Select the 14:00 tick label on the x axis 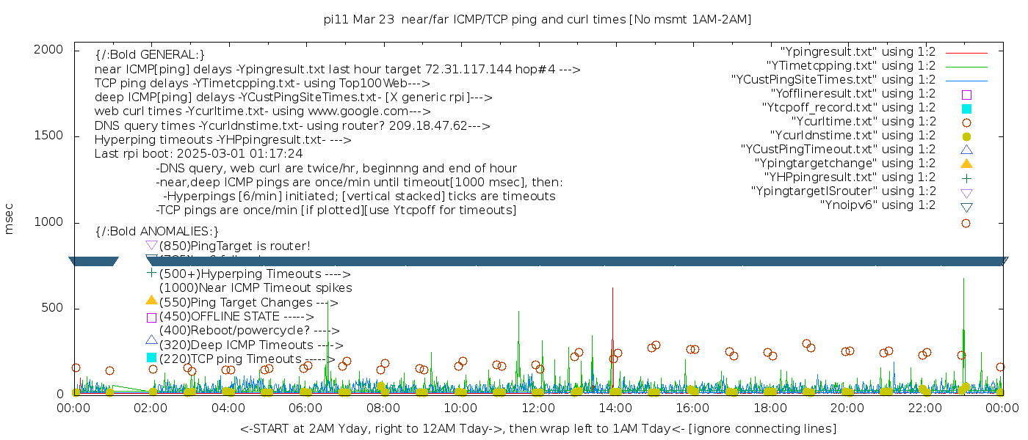615,408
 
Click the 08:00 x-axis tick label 383,408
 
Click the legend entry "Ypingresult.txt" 858,52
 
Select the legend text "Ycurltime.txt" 863,122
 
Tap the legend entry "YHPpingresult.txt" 850,177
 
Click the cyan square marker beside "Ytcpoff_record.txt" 966,109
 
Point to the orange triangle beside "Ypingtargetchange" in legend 966,164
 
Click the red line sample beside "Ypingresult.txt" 966,53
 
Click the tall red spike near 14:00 612,308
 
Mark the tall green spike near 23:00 963,293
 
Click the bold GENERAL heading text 150,55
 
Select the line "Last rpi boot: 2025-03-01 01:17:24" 198,154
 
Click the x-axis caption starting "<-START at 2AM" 537,428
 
